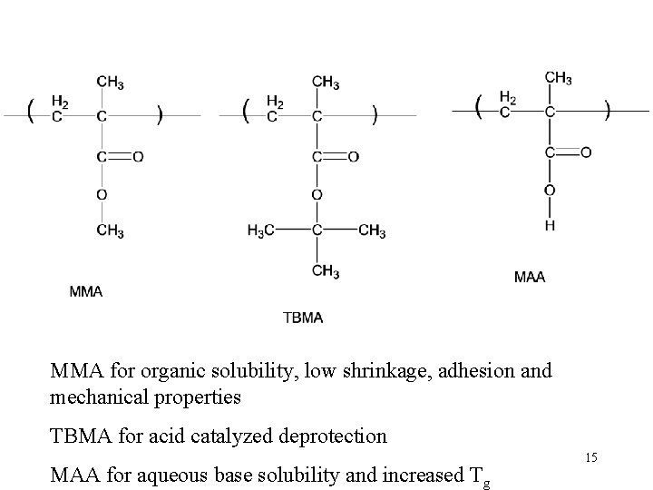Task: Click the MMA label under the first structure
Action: pos(86,291)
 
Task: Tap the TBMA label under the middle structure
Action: pos(303,318)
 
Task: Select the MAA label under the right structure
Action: pos(530,277)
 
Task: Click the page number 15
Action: pos(590,458)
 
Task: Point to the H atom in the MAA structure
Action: pos(551,226)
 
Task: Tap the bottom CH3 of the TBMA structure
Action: pos(326,270)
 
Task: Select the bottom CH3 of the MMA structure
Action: pos(110,231)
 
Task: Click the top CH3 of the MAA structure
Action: pos(558,77)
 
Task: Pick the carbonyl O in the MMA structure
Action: pos(138,157)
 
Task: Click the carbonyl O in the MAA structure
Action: pos(586,152)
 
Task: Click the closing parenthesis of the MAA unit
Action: pos(607,109)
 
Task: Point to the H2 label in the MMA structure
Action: pos(60,101)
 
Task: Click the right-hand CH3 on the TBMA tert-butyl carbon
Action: pos(372,231)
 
